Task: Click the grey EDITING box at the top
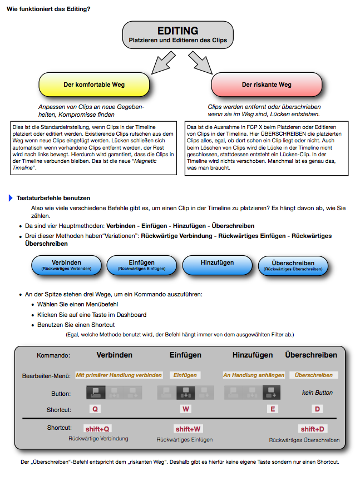[177, 34]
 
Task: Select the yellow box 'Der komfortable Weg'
[94, 85]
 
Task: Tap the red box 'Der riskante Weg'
[267, 85]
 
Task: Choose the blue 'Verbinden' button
[66, 265]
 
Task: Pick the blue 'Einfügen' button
[141, 265]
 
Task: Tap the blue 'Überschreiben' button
[293, 265]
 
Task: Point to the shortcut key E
[273, 409]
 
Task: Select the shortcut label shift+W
[189, 429]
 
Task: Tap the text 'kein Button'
[317, 393]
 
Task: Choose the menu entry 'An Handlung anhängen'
[254, 375]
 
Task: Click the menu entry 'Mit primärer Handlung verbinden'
[119, 375]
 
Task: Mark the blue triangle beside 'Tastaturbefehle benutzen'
[11, 198]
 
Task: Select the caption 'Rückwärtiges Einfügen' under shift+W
[184, 440]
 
